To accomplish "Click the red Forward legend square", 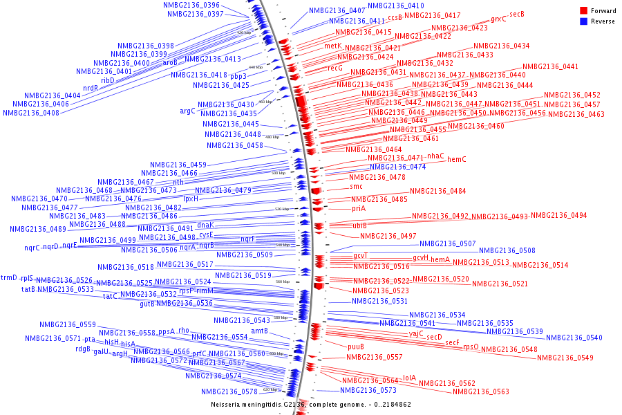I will point(584,11).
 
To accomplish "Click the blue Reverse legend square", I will point(584,21).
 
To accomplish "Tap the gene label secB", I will point(517,14).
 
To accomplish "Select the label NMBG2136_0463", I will point(576,115).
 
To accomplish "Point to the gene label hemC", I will point(457,160).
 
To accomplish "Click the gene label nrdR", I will point(91,89).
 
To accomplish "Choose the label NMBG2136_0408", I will point(30,113).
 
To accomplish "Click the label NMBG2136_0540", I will point(574,338).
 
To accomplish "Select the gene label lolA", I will point(410,378).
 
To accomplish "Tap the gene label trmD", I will point(8,277).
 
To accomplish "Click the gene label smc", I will point(356,186).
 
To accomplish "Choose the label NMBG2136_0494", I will point(559,216).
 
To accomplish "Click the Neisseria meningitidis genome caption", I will point(310,404).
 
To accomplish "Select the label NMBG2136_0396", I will point(191,5).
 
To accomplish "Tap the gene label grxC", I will point(498,19).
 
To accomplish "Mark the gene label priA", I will point(358,208).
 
